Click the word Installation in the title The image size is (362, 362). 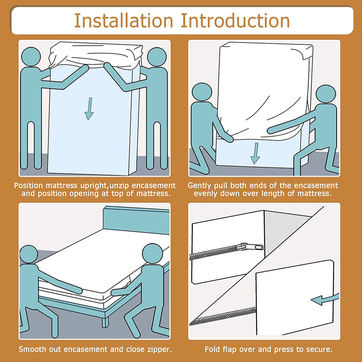124,21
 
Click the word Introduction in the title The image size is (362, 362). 235,21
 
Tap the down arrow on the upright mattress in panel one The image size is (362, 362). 89,109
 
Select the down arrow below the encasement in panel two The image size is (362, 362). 255,153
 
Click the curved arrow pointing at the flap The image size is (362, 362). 324,300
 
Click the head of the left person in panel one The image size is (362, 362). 31,57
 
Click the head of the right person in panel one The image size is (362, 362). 157,57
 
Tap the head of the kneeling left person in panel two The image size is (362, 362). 202,92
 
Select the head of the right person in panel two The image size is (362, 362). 326,94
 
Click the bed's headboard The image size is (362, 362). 136,220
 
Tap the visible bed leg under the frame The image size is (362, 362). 105,322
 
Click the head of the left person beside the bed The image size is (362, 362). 29,254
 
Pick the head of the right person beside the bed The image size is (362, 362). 152,253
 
